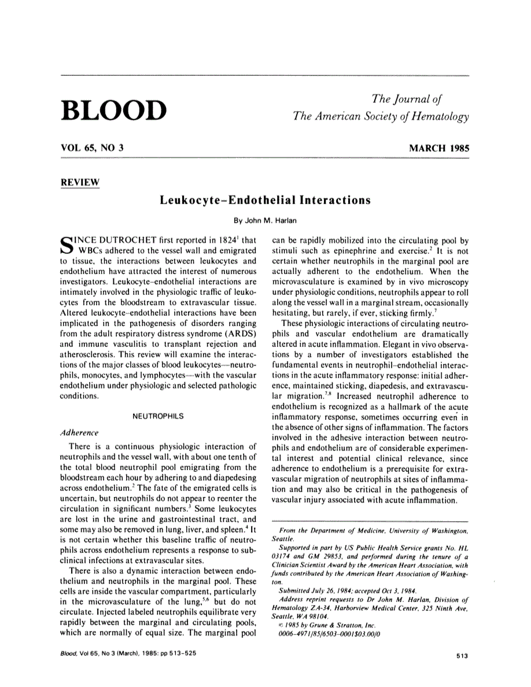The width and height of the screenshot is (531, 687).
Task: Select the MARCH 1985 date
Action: (439, 148)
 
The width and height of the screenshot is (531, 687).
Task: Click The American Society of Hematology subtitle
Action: (381, 116)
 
